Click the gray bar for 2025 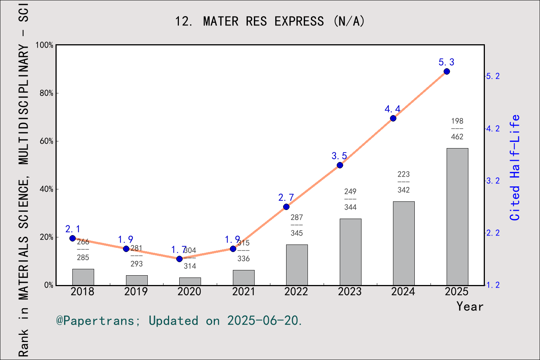(457, 217)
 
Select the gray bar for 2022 (297, 265)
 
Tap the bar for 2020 (190, 281)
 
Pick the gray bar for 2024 (403, 243)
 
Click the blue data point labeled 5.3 (447, 72)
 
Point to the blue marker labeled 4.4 (393, 118)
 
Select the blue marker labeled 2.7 (286, 207)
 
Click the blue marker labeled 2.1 (73, 238)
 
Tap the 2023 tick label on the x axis (349, 292)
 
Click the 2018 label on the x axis (82, 292)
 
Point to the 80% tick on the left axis (46, 93)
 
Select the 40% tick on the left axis (46, 189)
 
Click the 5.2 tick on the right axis (493, 76)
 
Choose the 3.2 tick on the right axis (493, 181)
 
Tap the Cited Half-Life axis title (515, 168)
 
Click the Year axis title (469, 306)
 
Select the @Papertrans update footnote (179, 321)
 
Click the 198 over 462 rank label (457, 129)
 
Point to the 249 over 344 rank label (350, 199)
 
